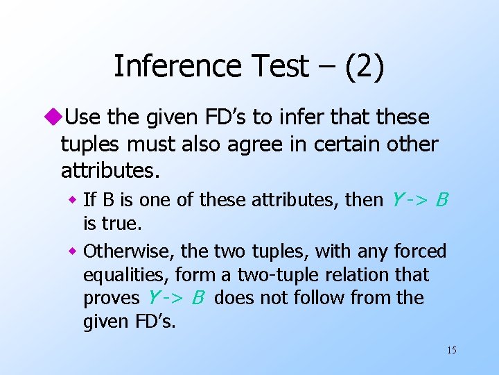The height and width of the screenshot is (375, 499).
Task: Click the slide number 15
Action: pyautogui.click(x=451, y=350)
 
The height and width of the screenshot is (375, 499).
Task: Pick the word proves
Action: pyautogui.click(x=111, y=299)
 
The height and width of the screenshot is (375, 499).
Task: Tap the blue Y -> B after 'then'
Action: pyautogui.click(x=419, y=201)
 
